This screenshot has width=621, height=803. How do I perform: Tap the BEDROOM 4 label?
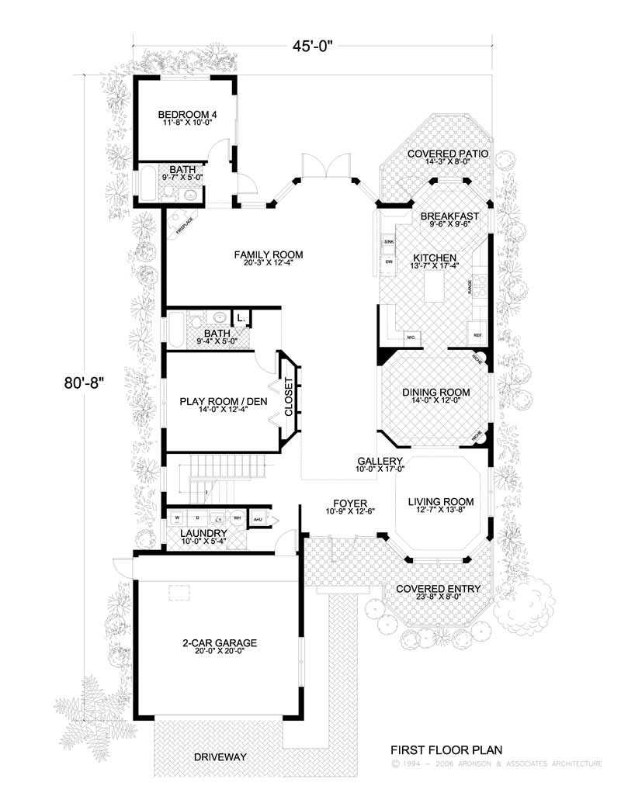pos(186,115)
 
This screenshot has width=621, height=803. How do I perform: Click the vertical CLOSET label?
pos(289,398)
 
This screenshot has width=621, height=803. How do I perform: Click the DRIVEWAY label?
pos(220,756)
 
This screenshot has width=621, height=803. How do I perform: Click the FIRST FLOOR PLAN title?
pos(446,749)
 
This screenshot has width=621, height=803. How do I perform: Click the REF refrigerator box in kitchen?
pos(478,335)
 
